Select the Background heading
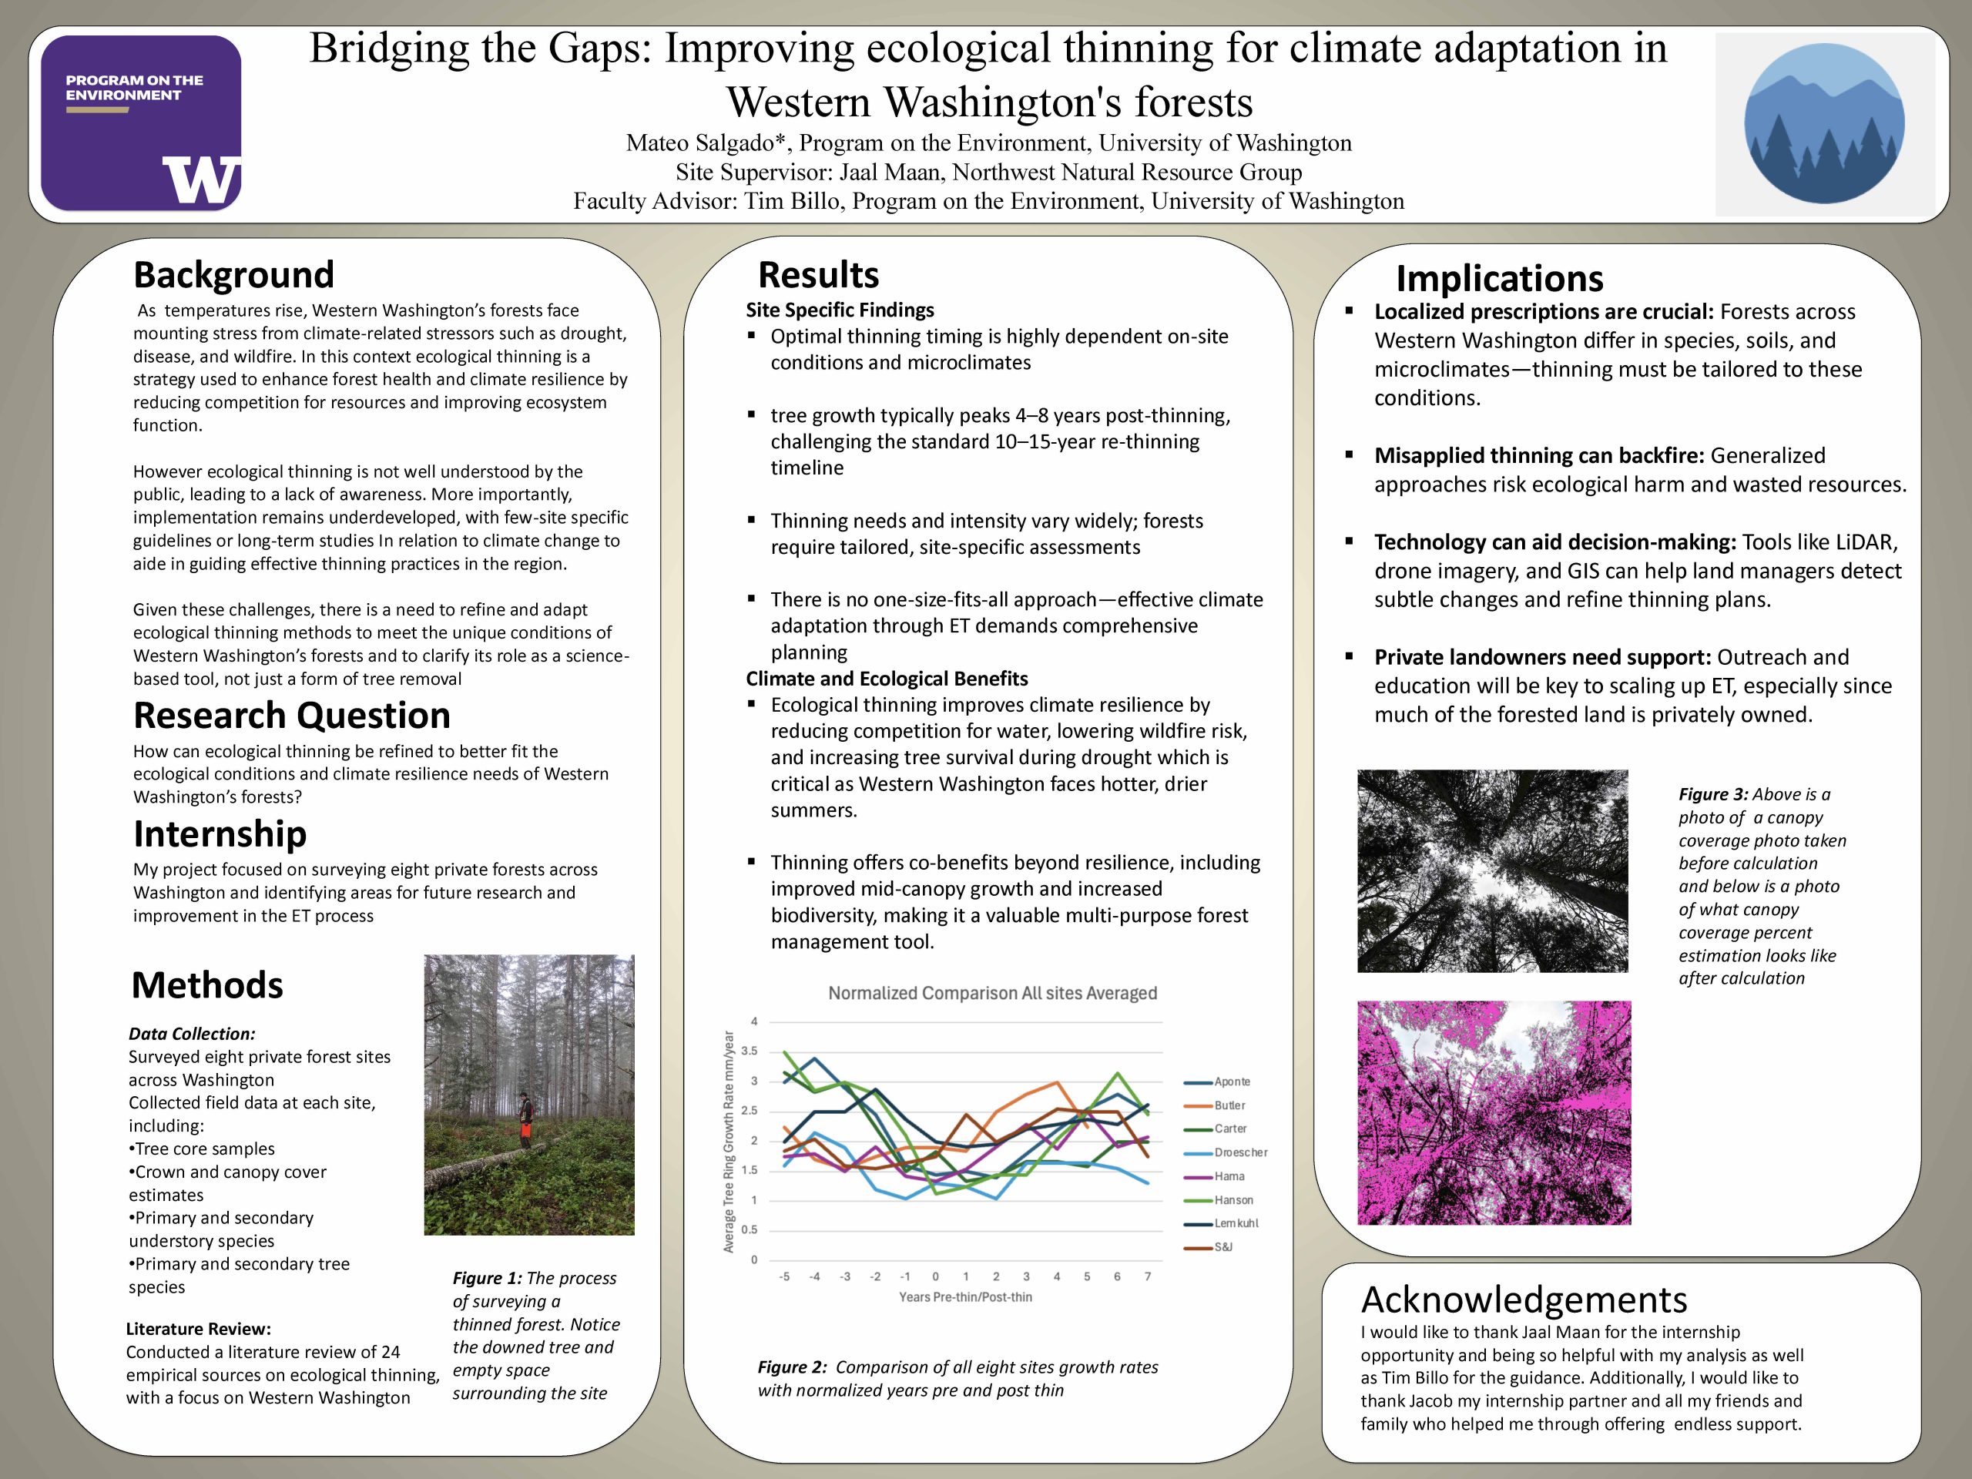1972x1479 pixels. coord(233,274)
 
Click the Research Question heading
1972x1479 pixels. coord(291,715)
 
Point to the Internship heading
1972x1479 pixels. coord(220,833)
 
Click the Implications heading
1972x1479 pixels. coord(1500,278)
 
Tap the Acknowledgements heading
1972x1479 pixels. coord(1524,1300)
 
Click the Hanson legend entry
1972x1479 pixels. coord(1233,1200)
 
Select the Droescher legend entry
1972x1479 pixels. coord(1240,1152)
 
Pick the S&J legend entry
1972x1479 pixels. coord(1223,1247)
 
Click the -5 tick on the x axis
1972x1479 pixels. coord(783,1276)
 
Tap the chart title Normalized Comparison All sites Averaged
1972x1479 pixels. coord(992,993)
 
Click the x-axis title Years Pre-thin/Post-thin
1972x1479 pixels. coord(965,1297)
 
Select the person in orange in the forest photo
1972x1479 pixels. coord(526,1121)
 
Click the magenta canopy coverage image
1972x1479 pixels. coord(1494,1112)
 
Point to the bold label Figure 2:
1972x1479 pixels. coord(792,1367)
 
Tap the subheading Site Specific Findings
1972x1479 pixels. coord(840,310)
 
